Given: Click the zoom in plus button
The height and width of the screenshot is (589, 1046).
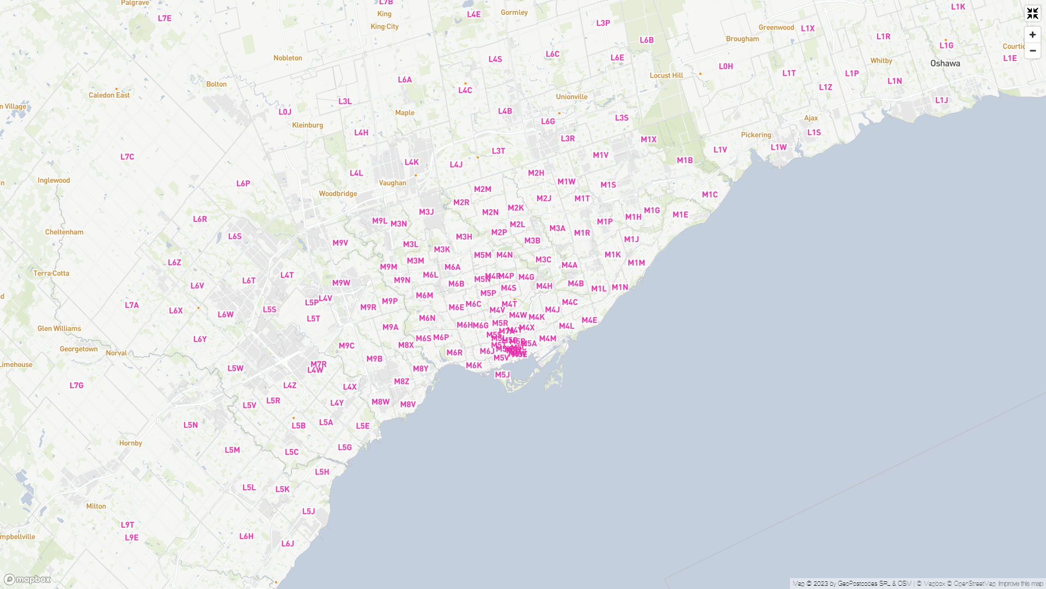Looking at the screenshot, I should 1032,35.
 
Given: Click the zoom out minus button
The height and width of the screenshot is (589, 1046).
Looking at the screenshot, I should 1032,51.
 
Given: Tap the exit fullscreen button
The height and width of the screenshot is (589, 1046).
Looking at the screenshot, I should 1032,14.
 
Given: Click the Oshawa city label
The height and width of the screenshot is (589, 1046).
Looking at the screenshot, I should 945,63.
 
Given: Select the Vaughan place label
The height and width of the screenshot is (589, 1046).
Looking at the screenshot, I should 393,183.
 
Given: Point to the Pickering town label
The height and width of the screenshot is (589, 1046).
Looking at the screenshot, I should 756,135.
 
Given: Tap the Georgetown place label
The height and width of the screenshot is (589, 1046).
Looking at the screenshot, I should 79,350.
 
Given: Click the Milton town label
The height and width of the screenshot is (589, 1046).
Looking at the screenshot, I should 96,507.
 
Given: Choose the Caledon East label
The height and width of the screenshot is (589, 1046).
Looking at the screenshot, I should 109,95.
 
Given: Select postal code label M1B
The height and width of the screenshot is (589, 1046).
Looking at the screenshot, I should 685,160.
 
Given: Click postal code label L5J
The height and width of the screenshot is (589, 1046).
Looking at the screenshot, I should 309,512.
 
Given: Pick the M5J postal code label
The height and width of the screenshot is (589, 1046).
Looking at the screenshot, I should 502,375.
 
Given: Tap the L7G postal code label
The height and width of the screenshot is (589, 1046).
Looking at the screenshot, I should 76,386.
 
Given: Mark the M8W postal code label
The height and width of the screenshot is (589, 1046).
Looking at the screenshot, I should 380,402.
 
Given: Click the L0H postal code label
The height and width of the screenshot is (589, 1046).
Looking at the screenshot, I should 726,67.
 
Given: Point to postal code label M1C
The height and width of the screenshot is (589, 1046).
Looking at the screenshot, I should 710,195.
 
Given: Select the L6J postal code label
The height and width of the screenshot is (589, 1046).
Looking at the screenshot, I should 288,544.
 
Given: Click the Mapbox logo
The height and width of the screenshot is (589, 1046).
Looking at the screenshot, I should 27,579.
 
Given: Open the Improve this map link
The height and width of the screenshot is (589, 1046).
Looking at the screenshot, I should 1020,584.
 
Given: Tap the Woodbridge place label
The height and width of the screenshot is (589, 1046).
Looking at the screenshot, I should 338,194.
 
